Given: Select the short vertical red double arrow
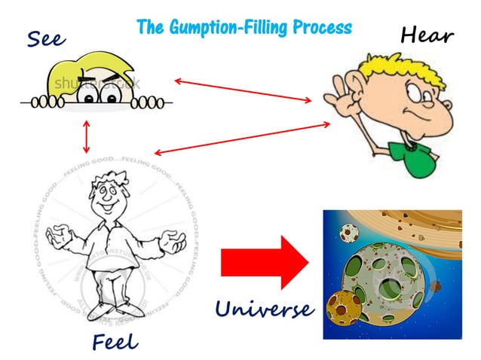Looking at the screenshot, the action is (x=88, y=136).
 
